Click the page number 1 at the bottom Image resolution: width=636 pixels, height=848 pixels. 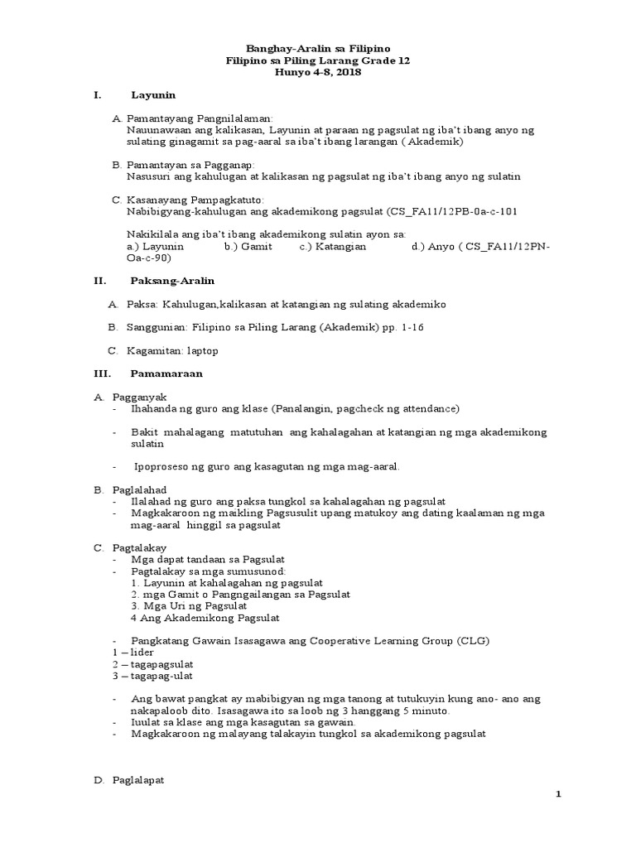tap(558, 794)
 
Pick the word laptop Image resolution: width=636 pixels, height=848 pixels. tap(203, 351)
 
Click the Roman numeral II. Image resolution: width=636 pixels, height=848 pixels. tap(99, 281)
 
